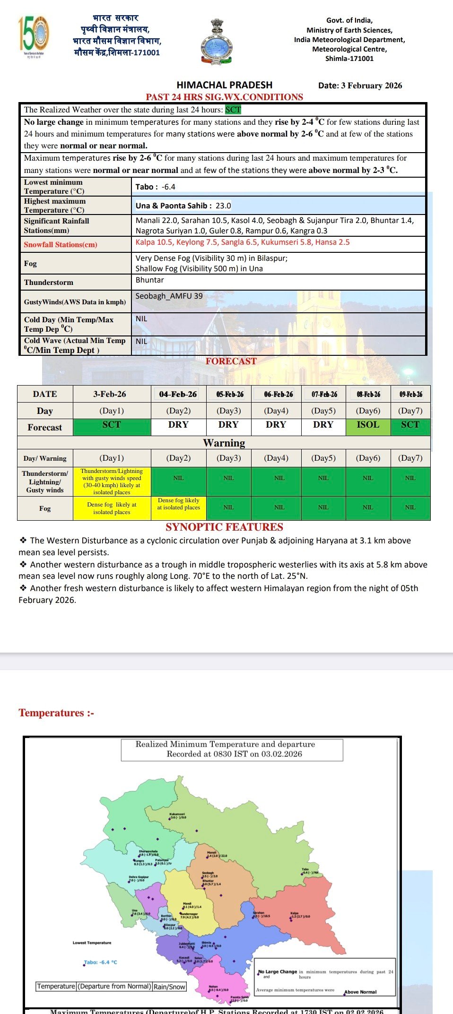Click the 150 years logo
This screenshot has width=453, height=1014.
34,34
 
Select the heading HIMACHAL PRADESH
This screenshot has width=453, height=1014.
224,85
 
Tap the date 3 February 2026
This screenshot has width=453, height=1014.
360,86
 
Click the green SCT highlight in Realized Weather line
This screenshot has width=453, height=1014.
233,110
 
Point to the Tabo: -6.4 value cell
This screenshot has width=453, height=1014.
156,187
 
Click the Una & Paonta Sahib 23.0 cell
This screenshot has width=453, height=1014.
183,206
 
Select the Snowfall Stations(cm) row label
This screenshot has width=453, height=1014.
61,245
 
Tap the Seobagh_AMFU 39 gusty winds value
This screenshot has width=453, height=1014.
169,296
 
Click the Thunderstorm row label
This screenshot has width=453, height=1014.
49,283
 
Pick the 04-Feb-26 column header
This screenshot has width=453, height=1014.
178,394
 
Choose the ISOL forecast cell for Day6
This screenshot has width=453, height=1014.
368,425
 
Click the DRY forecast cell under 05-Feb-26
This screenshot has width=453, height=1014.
228,425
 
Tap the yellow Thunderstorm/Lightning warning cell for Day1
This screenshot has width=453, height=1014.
112,481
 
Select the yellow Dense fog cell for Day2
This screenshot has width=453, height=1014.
178,504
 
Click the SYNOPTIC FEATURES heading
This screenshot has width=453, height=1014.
224,527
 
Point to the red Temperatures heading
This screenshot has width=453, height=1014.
56,713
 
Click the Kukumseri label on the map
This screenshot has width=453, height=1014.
177,814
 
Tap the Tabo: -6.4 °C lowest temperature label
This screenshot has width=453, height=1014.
101,962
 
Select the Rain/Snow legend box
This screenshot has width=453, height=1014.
169,987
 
